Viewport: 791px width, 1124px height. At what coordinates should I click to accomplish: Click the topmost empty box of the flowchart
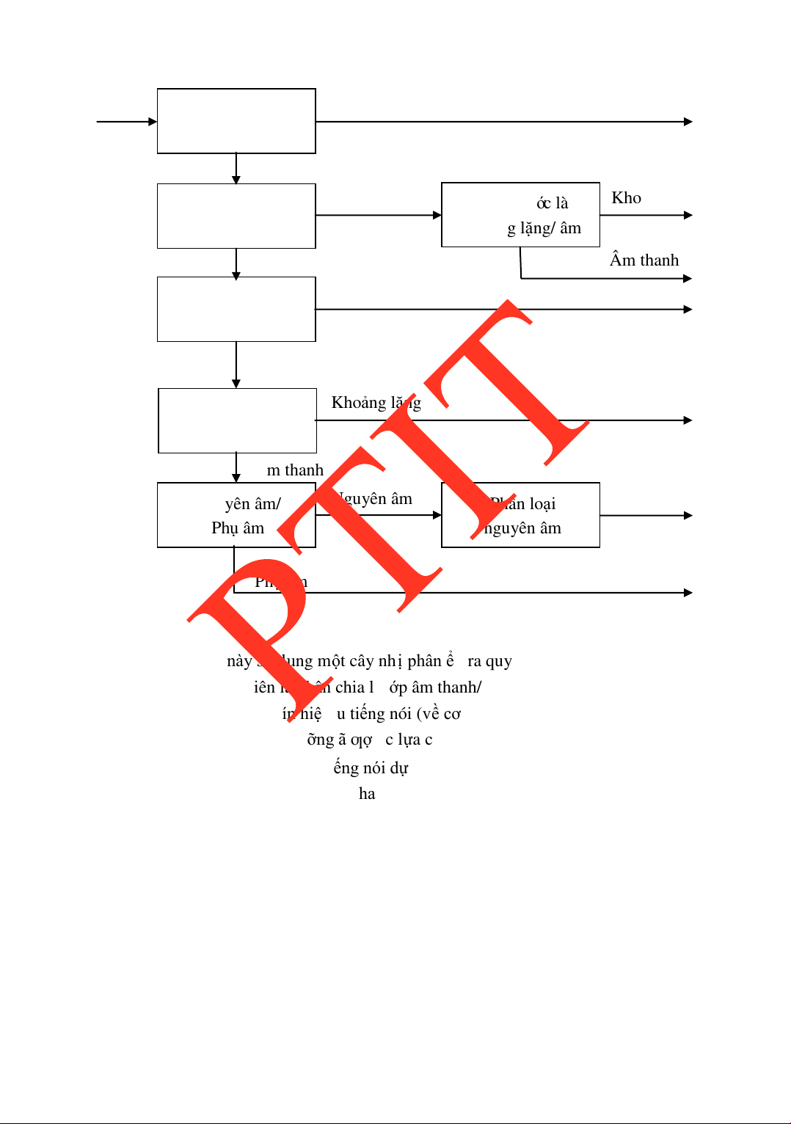click(236, 121)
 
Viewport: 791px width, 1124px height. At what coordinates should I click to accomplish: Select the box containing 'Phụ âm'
click(236, 515)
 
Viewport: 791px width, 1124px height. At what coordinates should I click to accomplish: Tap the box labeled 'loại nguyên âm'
click(520, 515)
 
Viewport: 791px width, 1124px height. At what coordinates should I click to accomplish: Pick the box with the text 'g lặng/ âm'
click(520, 215)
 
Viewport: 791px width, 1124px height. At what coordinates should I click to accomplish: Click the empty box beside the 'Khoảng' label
click(237, 420)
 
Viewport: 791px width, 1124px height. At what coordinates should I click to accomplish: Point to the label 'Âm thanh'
click(644, 260)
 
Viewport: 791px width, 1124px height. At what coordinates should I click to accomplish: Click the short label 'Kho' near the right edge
click(626, 198)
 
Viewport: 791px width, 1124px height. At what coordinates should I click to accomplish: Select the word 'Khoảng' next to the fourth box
click(359, 403)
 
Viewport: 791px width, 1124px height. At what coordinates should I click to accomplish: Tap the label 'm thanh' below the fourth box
click(295, 470)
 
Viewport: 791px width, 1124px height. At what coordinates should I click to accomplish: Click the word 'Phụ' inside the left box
click(225, 528)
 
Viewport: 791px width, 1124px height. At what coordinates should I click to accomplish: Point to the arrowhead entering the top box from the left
click(153, 122)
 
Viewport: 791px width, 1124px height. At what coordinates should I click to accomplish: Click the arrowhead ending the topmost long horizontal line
click(688, 122)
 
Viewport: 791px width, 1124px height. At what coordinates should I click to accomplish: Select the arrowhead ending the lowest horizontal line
click(688, 593)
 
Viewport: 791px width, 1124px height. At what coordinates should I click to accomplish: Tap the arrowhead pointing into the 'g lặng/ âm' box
click(437, 215)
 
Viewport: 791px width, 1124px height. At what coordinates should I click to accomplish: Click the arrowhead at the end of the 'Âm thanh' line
click(688, 279)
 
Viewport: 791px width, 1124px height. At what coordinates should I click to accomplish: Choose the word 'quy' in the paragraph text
click(499, 661)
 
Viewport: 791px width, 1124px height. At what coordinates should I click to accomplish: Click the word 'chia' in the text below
click(350, 687)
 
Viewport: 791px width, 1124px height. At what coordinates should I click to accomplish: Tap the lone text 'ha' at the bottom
click(367, 794)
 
